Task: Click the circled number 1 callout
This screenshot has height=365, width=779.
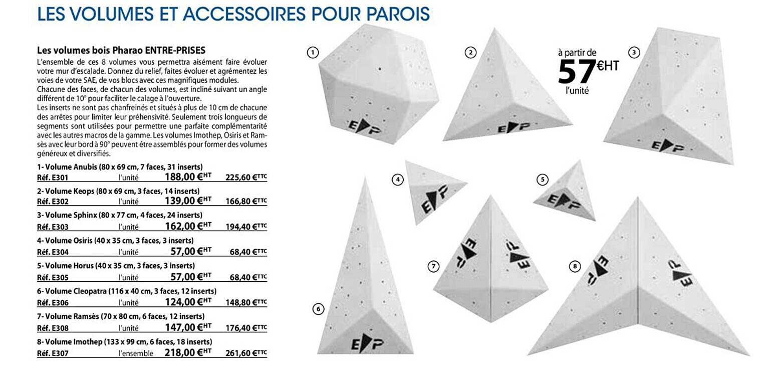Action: pos(312,52)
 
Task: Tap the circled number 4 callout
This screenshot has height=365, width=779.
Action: pos(398,179)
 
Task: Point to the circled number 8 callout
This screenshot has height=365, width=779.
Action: pos(575,267)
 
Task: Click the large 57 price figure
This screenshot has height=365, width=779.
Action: pos(577,72)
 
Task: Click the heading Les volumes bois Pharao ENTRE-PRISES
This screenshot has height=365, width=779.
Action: pos(121,51)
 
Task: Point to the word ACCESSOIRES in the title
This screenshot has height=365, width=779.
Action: pos(244,14)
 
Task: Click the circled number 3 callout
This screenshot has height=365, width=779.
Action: pos(634,52)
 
